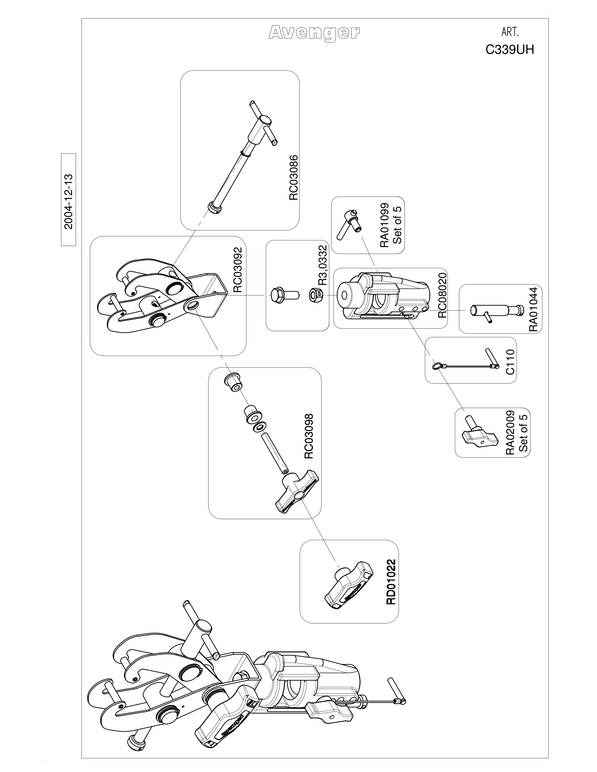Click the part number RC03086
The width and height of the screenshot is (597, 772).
pos(294,178)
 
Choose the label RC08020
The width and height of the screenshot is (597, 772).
pos(442,295)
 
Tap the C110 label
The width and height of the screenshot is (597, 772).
pos(510,361)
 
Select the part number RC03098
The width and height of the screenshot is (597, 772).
pos(309,436)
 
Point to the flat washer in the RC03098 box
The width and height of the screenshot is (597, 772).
pos(260,427)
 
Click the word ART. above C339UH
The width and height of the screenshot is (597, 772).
pos(510,33)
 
